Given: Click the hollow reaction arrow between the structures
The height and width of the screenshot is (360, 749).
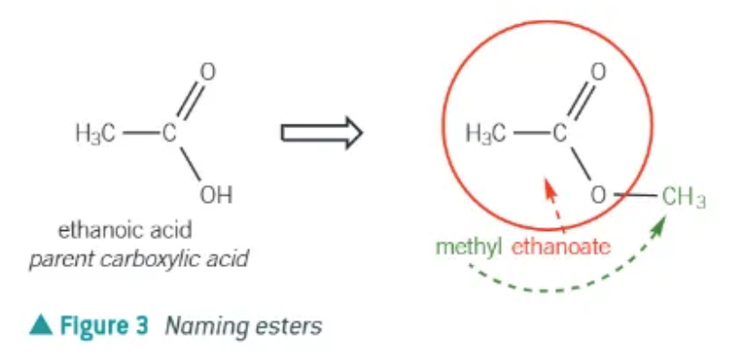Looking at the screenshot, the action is pos(320,133).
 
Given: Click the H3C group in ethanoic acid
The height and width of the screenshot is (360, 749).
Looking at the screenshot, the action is pos(96,134).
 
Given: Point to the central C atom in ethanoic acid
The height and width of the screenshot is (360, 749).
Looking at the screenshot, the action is pos(169,134).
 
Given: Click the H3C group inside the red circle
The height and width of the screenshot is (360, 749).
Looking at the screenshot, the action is pos(486,134).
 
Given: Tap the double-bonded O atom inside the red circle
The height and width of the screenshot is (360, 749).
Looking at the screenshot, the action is pos(596,72).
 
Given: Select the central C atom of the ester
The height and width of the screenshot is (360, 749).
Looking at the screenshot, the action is pos(559,134).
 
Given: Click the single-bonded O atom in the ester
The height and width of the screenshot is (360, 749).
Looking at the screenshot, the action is pos(597,193).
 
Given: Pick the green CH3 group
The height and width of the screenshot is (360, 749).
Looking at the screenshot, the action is pos(682,194).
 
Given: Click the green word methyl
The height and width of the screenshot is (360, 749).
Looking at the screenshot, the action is pos(467,245).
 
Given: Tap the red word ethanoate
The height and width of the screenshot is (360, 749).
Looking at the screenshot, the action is pos(560,245).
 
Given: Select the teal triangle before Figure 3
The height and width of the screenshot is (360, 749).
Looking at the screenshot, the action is pos(40,326).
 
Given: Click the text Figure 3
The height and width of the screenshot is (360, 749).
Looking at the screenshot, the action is pos(103,326).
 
